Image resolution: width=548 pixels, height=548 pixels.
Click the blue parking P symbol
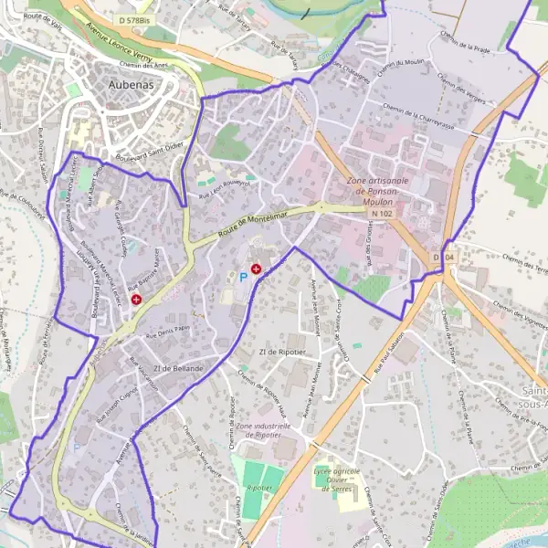[243, 276]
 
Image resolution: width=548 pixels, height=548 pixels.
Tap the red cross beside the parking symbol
[257, 269]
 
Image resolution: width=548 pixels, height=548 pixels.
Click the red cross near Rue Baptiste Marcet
[136, 299]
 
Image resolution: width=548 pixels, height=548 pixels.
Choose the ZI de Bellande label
[177, 368]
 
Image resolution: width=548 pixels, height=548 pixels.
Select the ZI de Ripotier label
[280, 351]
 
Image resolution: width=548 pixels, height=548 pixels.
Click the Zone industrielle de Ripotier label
[264, 431]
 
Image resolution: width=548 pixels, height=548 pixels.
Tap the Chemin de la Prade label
[465, 40]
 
